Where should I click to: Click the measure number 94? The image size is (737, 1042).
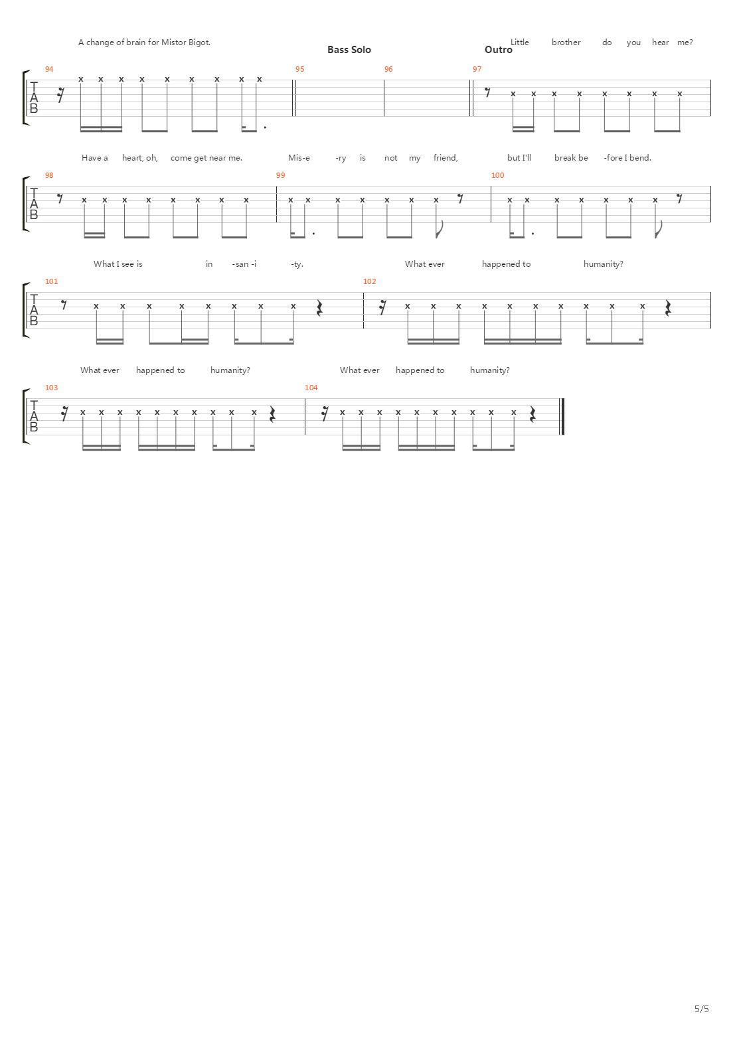tap(48, 69)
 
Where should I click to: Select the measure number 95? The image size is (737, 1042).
tap(299, 69)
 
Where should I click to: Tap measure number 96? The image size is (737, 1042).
tap(388, 69)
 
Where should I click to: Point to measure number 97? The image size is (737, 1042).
tap(477, 69)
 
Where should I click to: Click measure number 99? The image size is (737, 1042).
tap(280, 175)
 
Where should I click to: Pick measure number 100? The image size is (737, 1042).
tap(497, 175)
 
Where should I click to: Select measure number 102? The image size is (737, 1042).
tap(369, 281)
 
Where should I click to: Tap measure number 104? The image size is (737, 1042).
tap(311, 388)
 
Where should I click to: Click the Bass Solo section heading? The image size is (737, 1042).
tap(349, 50)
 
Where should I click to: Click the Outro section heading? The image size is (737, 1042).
tap(498, 50)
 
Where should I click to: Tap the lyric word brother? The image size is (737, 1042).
tap(566, 42)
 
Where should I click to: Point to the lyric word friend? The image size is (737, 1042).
tap(446, 158)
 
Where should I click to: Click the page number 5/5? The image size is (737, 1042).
tap(702, 1009)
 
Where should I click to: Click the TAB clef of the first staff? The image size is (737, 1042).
tap(33, 98)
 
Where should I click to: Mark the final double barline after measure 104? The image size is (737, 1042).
tap(563, 417)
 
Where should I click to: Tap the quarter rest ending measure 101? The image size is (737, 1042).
tap(319, 308)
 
